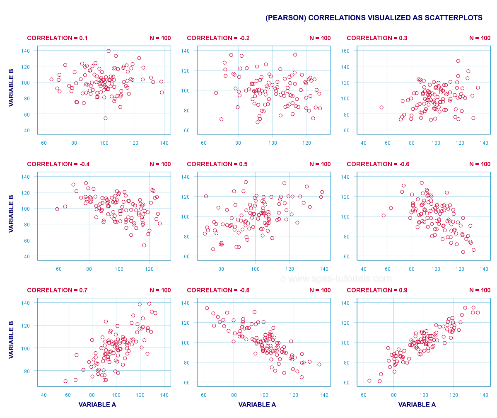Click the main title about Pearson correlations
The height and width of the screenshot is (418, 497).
coord(374,18)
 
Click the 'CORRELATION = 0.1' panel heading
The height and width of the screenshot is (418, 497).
coord(57,38)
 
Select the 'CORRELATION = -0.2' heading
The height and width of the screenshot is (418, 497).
coord(218,38)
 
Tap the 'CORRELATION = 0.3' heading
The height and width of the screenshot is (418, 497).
coord(377,38)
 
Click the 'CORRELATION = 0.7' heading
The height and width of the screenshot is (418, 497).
coord(57,290)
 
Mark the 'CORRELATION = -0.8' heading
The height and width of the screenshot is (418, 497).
coord(218,290)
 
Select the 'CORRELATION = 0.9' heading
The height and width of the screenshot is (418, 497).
coord(377,290)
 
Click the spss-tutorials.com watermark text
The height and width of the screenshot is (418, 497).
coord(336,279)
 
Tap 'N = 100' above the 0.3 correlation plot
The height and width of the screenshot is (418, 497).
coord(480,38)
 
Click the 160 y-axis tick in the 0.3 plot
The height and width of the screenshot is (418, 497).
coord(355,51)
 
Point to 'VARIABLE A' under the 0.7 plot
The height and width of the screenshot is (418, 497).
coord(97,405)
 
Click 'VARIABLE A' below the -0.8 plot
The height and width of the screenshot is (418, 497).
coord(257,405)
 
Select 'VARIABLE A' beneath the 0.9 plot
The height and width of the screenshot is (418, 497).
coord(417,405)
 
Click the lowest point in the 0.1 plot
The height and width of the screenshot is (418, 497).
coord(106,118)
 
